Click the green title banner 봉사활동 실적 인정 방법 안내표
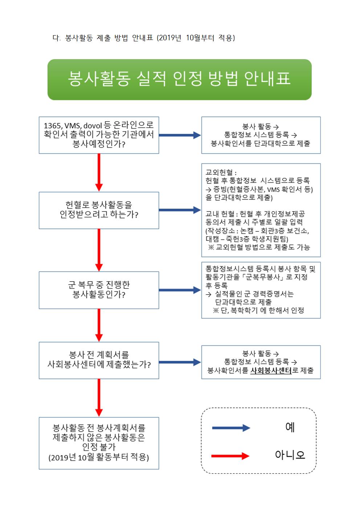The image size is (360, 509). (179, 79)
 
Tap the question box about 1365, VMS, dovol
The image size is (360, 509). (99, 135)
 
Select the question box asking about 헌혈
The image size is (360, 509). (99, 210)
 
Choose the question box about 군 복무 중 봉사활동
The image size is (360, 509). (99, 290)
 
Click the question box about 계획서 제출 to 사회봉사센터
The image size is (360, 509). (99, 360)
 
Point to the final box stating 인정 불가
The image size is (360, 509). (99, 443)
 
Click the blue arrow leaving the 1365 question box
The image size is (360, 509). (180, 135)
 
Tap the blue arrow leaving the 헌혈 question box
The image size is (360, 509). (180, 210)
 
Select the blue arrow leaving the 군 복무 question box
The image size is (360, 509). (180, 290)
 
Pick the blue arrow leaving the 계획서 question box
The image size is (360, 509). (180, 362)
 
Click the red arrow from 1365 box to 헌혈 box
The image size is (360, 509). (99, 172)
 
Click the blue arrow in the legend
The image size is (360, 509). (231, 428)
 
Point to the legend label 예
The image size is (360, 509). (290, 427)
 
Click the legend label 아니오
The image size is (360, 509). (290, 455)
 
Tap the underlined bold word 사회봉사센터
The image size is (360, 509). (271, 371)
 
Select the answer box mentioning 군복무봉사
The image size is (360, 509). (261, 290)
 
